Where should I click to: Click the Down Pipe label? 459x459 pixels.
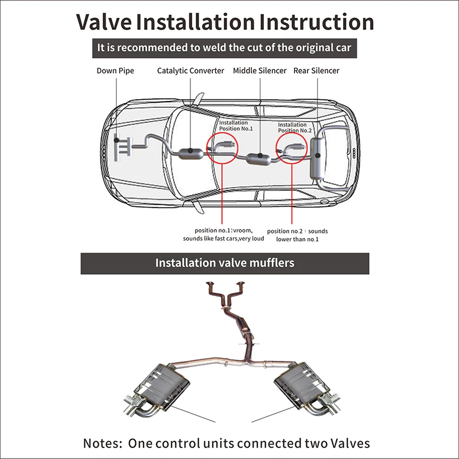click(114, 71)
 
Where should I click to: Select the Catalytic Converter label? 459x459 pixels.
click(190, 71)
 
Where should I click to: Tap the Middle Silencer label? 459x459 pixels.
click(259, 71)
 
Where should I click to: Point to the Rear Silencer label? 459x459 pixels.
click(316, 71)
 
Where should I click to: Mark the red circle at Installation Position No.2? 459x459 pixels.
click(293, 150)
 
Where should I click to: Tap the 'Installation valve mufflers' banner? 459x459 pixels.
click(224, 263)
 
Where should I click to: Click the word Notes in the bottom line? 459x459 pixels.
click(103, 443)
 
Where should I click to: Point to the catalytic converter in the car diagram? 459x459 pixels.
click(190, 153)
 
